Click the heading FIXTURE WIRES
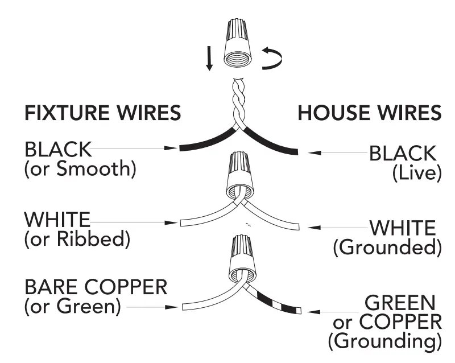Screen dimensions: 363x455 tap(102, 113)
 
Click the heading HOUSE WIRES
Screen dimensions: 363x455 tap(370, 113)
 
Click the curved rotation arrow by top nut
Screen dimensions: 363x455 tap(271, 59)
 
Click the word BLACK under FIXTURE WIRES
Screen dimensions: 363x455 tap(57, 150)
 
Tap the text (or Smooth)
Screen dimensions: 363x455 tap(80, 170)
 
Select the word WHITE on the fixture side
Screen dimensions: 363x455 tap(57, 219)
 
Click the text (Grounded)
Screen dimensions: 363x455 tap(387, 248)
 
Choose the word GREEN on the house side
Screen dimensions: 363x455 tap(400, 302)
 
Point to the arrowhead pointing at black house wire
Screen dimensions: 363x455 tap(313, 152)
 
